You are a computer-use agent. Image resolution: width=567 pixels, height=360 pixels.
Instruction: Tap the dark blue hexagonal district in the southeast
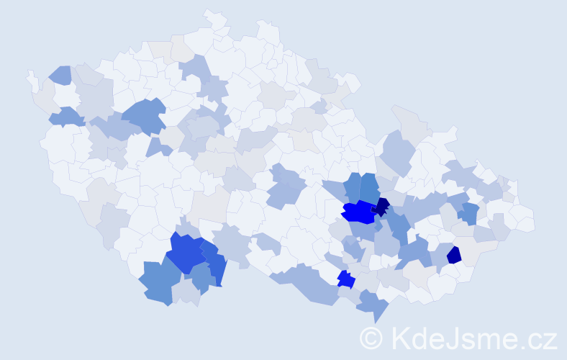[x=454, y=255]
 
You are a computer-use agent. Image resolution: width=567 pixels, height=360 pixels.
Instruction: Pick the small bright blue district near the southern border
[x=346, y=279]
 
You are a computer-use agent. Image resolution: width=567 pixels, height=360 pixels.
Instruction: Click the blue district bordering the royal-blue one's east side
[x=214, y=263]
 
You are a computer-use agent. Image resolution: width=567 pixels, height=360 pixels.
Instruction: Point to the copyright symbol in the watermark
[x=371, y=338]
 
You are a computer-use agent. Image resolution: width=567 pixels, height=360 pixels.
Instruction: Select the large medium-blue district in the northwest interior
[x=144, y=116]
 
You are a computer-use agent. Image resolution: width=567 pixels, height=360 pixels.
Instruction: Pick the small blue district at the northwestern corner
[x=60, y=74]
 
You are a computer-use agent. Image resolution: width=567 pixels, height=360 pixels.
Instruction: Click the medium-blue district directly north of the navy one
[x=370, y=187]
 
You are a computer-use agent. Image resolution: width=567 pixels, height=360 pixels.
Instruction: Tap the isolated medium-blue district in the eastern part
[x=470, y=213]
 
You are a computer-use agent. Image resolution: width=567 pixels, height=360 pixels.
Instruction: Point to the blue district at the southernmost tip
[x=371, y=304]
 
